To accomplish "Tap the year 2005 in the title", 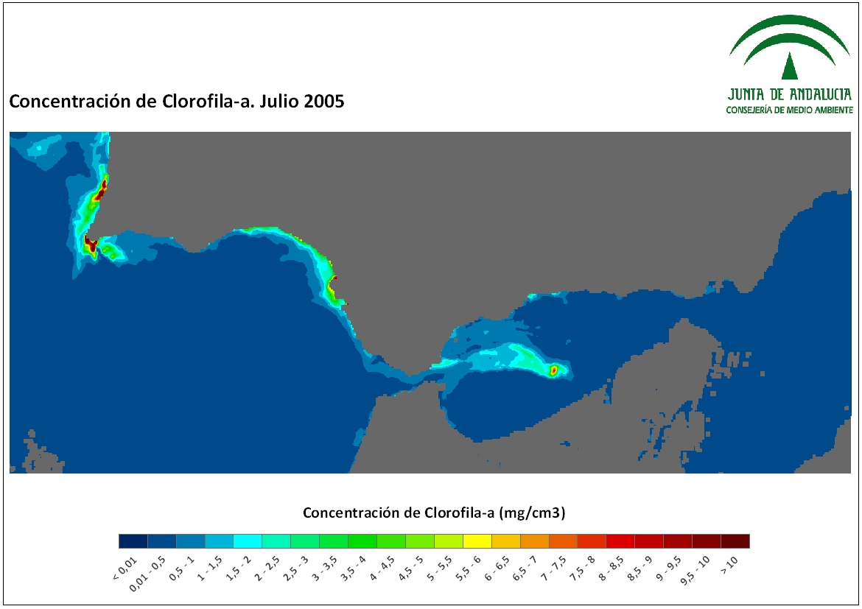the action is (x=323, y=102).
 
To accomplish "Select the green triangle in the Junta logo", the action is (x=790, y=66).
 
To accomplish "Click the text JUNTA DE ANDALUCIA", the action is (x=790, y=94).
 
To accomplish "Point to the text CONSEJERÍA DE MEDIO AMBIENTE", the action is (x=790, y=110).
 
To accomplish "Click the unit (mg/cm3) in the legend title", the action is (x=532, y=513).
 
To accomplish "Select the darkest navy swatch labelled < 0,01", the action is (x=133, y=541).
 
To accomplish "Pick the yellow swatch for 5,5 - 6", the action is (x=477, y=541).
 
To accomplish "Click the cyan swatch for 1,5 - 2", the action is (x=248, y=541).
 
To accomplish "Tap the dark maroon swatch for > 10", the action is (x=735, y=541).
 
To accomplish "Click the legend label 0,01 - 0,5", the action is (x=147, y=574).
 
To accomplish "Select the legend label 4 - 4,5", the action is (x=382, y=568).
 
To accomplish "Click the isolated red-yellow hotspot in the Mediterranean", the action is (x=553, y=370).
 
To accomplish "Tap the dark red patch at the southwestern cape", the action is (x=90, y=244).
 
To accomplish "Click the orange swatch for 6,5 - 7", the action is (x=534, y=541).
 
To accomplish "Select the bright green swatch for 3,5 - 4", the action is (x=362, y=541).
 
